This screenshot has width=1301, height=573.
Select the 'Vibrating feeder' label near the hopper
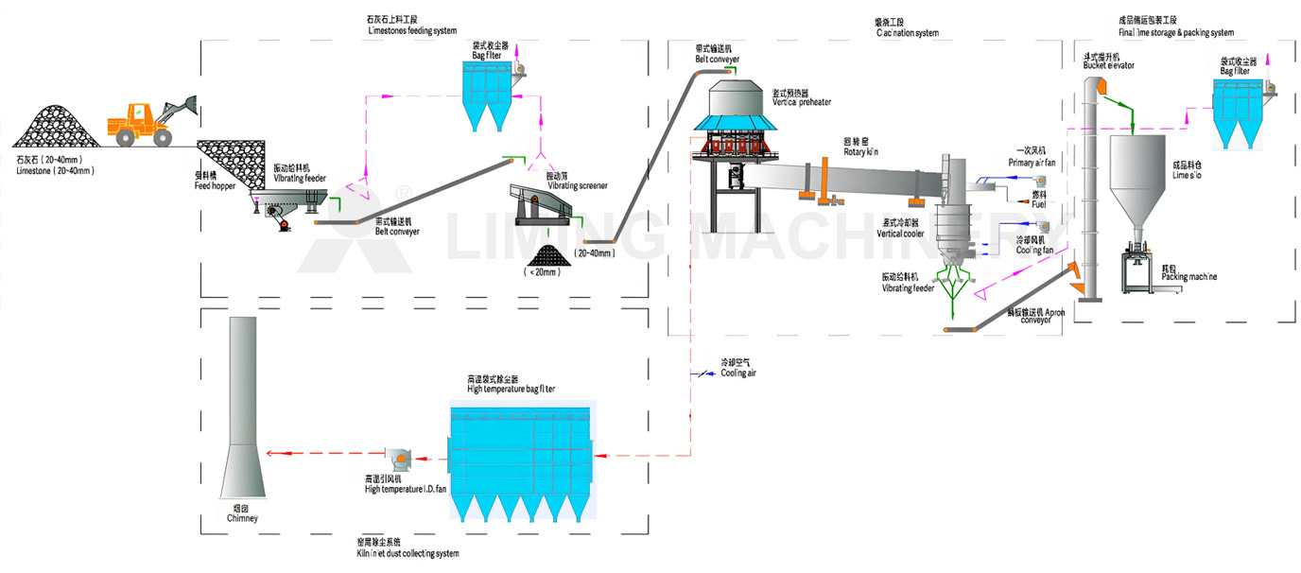(301, 174)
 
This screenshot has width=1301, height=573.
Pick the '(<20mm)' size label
(542, 272)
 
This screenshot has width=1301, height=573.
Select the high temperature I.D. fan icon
(398, 457)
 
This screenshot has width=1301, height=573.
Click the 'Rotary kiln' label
(861, 146)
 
